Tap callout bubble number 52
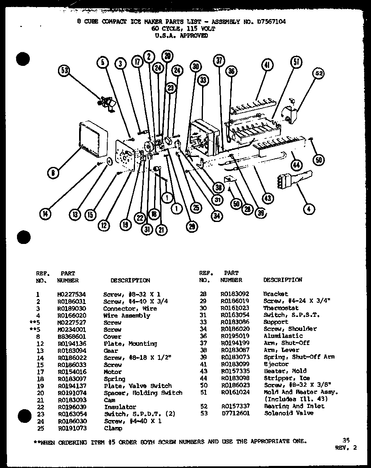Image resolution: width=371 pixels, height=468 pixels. [x=318, y=74]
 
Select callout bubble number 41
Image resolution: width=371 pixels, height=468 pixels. [x=267, y=65]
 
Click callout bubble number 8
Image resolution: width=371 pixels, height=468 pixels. [x=53, y=174]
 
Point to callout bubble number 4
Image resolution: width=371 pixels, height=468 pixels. [x=308, y=209]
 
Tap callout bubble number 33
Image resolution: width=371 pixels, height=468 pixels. [x=202, y=80]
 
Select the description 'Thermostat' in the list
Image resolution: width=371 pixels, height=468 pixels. [x=281, y=308]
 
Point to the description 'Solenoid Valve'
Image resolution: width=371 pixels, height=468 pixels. [x=288, y=413]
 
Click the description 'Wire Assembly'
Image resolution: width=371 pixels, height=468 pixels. [x=126, y=315]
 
